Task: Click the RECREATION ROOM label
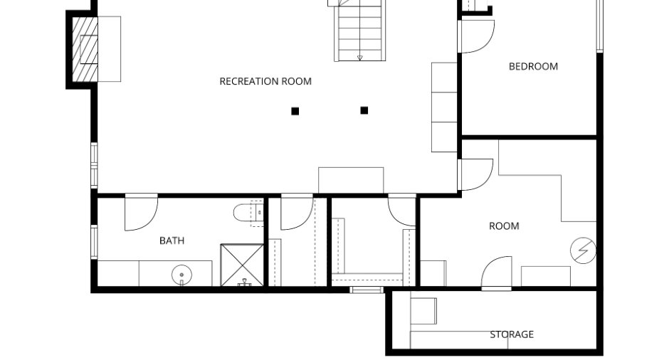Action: tap(265, 82)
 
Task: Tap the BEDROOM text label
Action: tap(533, 67)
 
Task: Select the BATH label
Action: tap(172, 240)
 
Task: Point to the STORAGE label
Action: tap(512, 334)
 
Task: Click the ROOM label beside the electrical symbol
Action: tap(504, 226)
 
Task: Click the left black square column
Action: tap(295, 111)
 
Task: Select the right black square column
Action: tap(364, 110)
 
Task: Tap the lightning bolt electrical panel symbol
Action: tap(584, 250)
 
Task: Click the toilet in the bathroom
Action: tap(248, 213)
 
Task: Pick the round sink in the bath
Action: tap(181, 275)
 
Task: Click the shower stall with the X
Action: tap(242, 265)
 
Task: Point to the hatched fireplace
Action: tap(85, 49)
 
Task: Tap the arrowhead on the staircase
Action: tap(359, 58)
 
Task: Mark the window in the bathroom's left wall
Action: tap(94, 242)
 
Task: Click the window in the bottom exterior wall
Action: tap(367, 290)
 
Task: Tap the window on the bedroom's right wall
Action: tap(599, 26)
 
